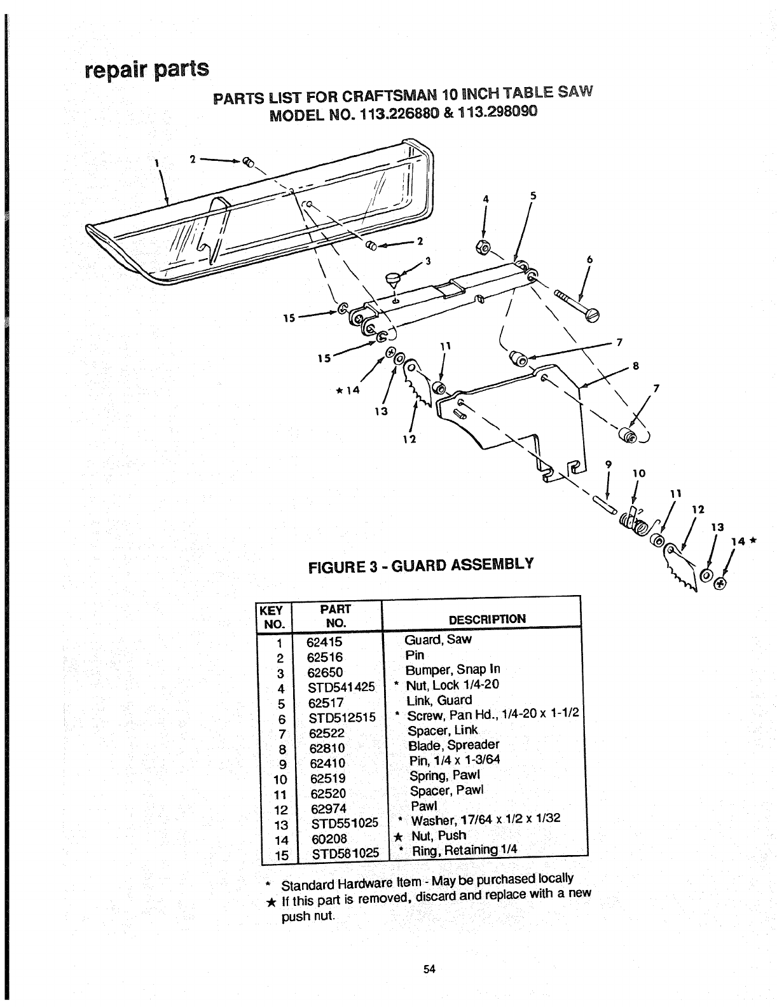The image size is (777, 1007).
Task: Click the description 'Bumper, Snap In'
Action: click(x=453, y=669)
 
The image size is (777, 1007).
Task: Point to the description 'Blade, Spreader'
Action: click(x=454, y=745)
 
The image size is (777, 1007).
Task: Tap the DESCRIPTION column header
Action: click(x=487, y=619)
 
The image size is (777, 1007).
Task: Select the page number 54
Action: click(x=428, y=969)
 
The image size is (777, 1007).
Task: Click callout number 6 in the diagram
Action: click(x=589, y=259)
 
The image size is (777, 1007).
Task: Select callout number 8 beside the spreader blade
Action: click(x=635, y=366)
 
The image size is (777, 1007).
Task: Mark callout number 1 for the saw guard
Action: click(x=155, y=161)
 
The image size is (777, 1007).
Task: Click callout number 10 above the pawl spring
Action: click(x=640, y=473)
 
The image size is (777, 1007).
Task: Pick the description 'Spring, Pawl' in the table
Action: click(x=445, y=776)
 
